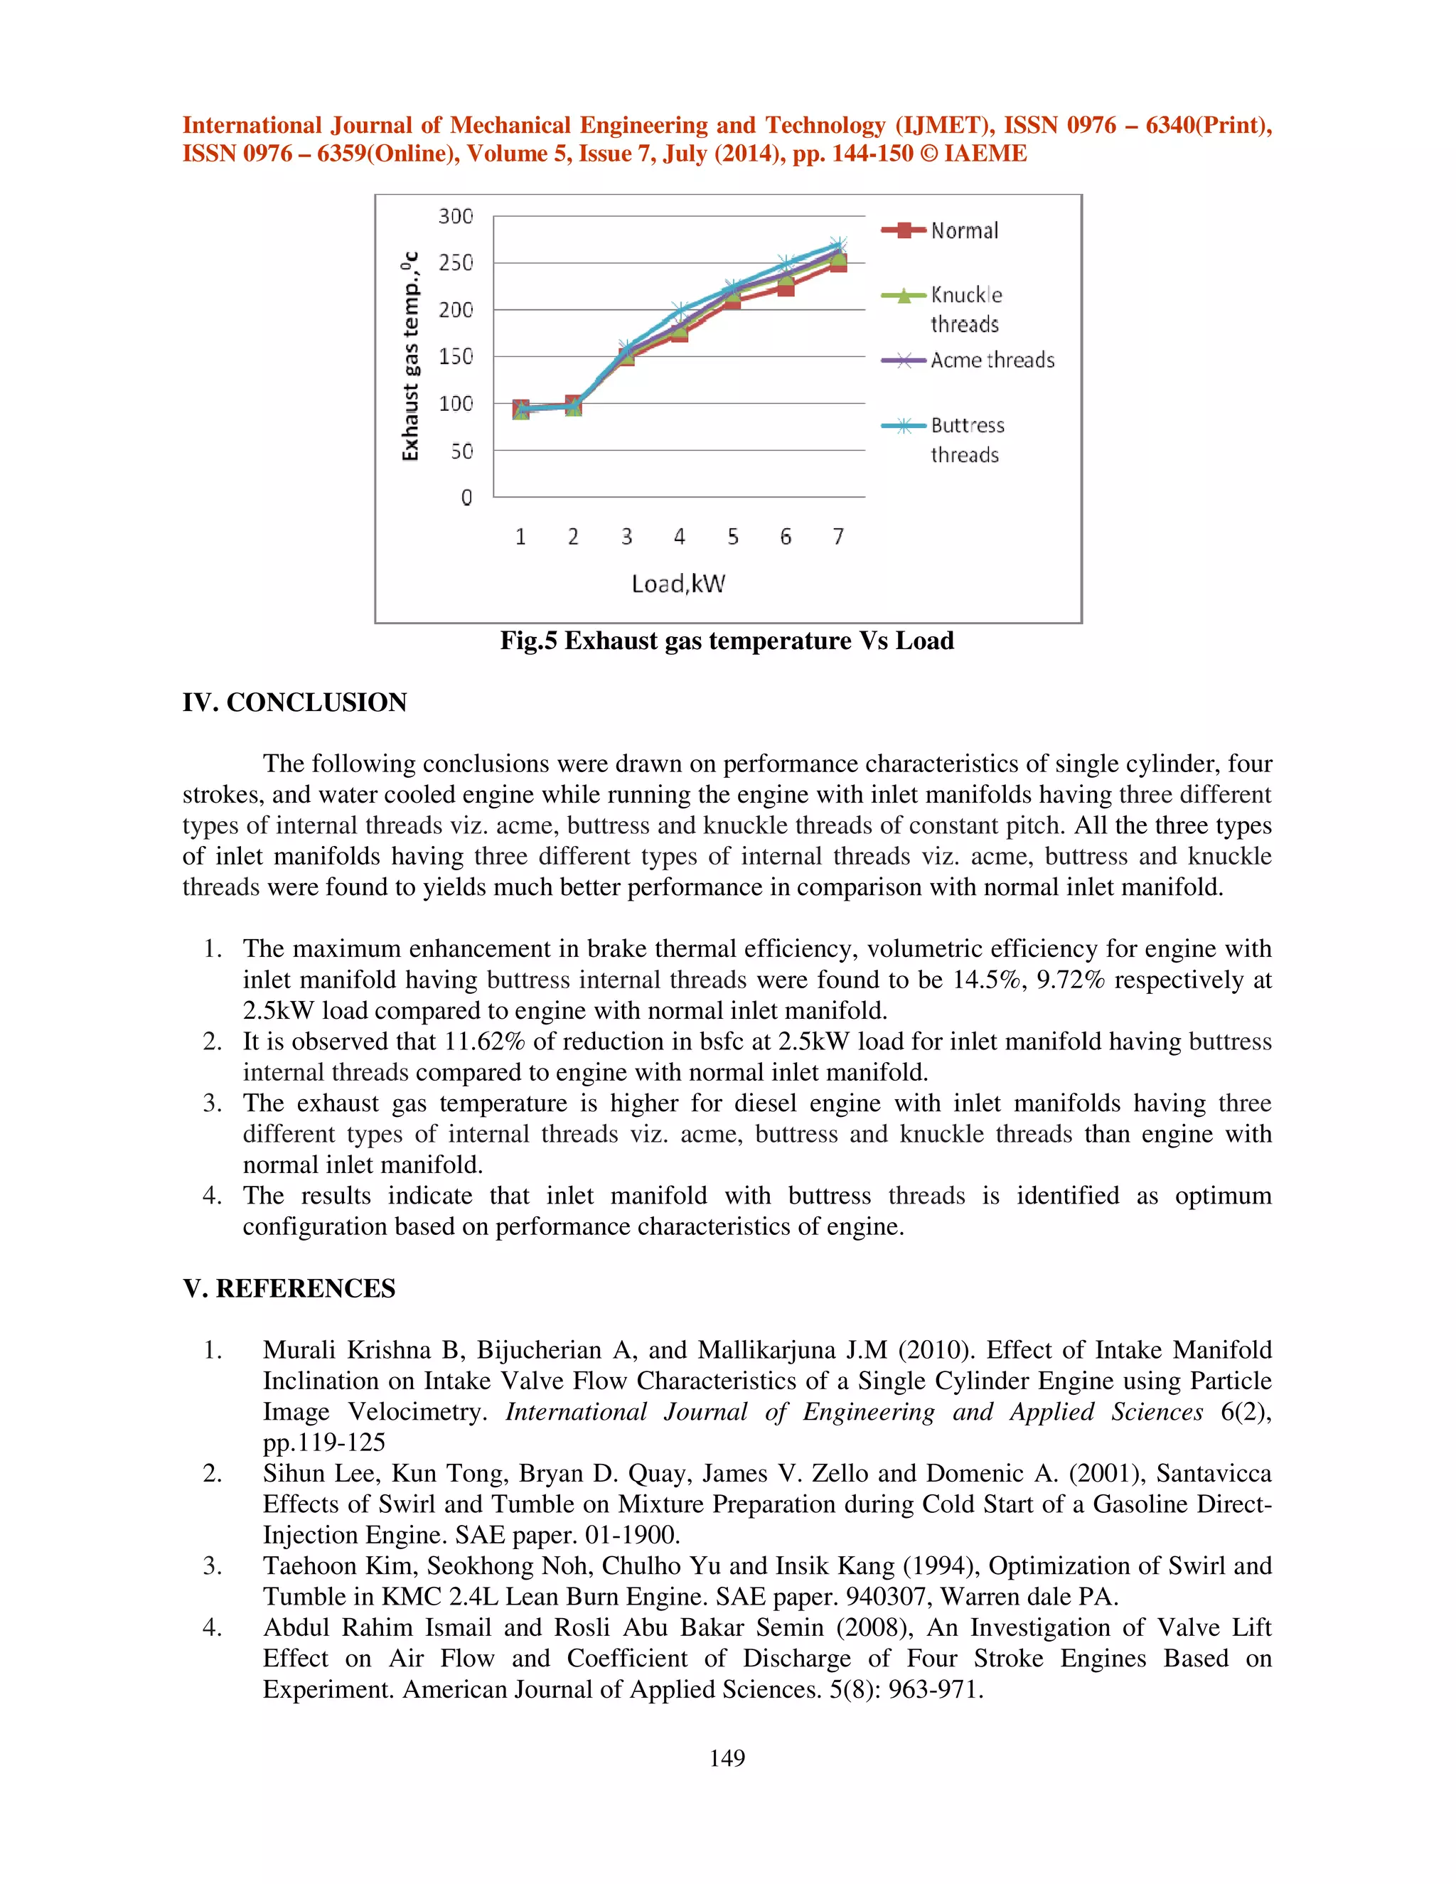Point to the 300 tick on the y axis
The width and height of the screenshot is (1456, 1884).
(x=456, y=217)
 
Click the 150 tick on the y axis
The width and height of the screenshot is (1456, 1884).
(x=456, y=356)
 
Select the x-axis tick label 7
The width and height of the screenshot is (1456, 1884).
(x=837, y=537)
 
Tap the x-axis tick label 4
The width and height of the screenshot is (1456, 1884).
(x=679, y=537)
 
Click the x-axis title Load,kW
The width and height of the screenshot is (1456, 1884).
(x=678, y=584)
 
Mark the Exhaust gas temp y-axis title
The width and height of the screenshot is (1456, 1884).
(x=411, y=356)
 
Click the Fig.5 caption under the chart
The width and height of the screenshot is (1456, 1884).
(x=727, y=641)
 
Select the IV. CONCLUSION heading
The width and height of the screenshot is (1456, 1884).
(x=294, y=702)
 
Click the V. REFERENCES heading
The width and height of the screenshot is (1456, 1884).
(x=289, y=1288)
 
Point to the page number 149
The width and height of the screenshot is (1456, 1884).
(x=727, y=1758)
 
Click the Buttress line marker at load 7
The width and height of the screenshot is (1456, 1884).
(x=837, y=244)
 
